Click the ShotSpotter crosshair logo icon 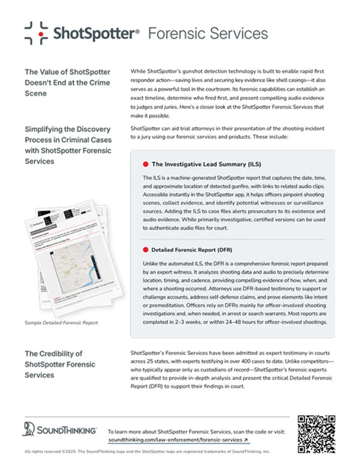[x=36, y=33]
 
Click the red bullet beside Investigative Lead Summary [x=145, y=164]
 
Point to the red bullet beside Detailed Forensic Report [x=145, y=250]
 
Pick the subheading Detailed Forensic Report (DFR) [x=198, y=250]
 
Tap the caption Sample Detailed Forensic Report [x=61, y=323]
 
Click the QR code [x=317, y=434]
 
